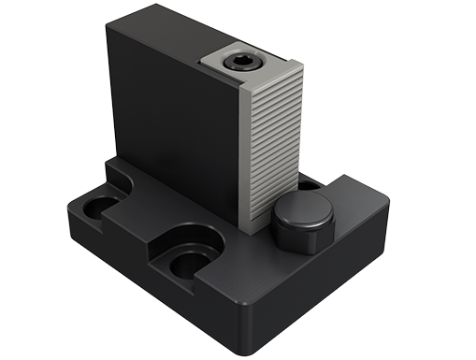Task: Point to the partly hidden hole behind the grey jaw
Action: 308,186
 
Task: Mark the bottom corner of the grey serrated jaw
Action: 250,229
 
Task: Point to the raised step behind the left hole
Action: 117,178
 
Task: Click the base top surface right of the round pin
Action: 360,220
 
